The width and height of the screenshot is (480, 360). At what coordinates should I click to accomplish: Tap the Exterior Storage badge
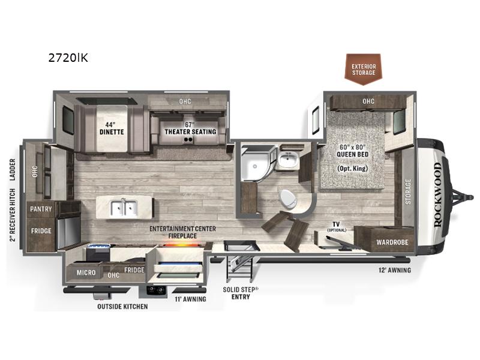364,68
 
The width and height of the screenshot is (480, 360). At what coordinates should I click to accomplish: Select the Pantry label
40,209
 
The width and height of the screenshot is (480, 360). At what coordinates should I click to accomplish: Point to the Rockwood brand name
437,194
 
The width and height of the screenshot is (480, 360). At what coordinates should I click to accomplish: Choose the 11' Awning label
190,298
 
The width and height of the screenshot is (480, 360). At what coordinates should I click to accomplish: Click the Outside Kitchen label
122,306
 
